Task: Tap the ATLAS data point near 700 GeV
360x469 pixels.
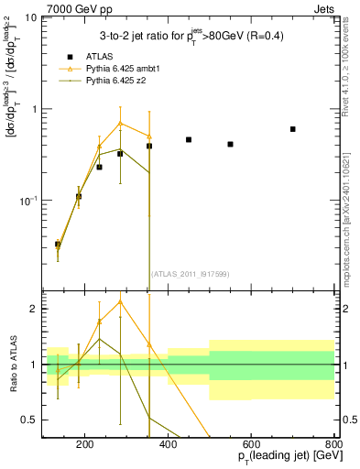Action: click(292, 129)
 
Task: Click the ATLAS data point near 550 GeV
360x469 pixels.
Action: click(230, 144)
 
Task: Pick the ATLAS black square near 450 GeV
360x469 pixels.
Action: click(189, 140)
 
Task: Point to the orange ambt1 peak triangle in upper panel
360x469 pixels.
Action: click(120, 123)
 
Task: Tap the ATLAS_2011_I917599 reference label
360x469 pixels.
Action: click(189, 274)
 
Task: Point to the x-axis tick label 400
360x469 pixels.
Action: click(168, 445)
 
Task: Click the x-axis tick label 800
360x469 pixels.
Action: click(333, 445)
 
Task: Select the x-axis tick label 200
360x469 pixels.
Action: click(84, 445)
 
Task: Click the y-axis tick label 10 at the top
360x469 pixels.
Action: click(30, 18)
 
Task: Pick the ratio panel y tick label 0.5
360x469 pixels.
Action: click(29, 420)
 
